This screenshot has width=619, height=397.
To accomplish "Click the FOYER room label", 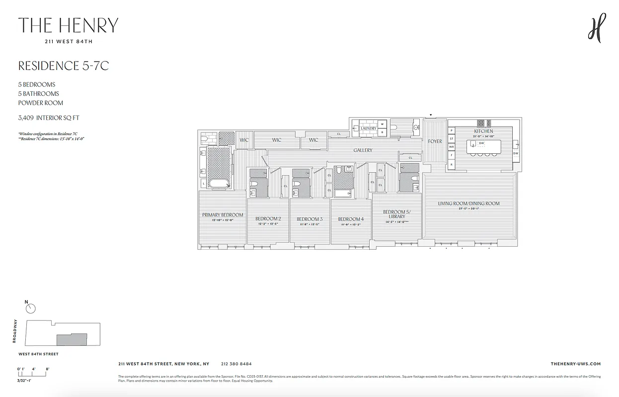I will coord(435,141).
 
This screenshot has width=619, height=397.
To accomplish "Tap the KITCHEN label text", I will coord(483,131).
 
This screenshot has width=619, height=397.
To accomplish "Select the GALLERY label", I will coord(363,150).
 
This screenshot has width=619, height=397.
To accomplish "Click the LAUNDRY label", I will coord(369,128).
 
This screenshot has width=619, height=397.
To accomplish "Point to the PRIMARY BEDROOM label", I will coord(223,215).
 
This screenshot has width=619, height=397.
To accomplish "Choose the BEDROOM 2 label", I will coord(268,219).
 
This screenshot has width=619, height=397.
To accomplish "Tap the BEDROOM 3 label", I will coord(309,219).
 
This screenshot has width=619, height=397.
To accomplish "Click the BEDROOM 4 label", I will coord(351,219).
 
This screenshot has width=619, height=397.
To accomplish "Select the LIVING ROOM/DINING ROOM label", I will coord(468,203).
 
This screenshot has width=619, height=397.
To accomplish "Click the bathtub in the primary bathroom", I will coord(219,184).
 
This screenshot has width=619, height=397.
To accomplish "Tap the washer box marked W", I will coord(383,124).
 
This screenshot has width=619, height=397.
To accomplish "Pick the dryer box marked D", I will coord(383,132).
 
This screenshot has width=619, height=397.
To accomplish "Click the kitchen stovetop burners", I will coord(484,123).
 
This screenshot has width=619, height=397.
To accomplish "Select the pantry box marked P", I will coord(452,131).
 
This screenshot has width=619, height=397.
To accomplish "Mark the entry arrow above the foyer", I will coord(431,115).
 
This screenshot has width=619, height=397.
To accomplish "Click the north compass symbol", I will coord(31,308).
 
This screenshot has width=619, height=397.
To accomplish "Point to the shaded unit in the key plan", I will coord(72,340).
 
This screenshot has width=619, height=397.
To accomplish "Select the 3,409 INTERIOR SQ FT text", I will coord(49,118).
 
